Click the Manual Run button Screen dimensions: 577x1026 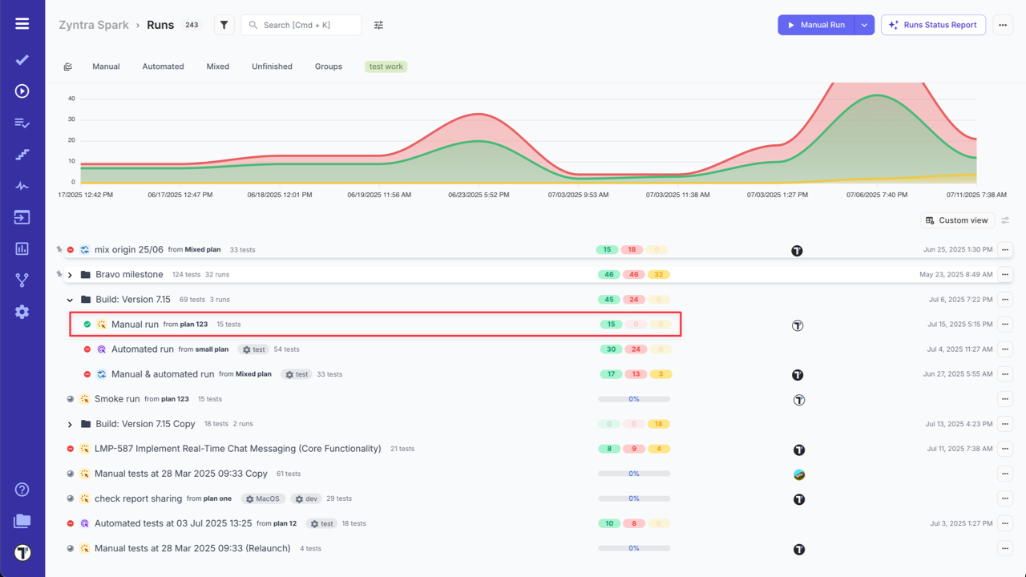pyautogui.click(x=816, y=25)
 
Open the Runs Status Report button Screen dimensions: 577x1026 pyautogui.click(x=933, y=25)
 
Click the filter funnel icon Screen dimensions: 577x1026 pyautogui.click(x=224, y=25)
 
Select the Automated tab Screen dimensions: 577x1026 pyautogui.click(x=163, y=67)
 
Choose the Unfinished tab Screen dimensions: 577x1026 pyautogui.click(x=272, y=67)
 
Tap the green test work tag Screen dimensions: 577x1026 pyautogui.click(x=386, y=67)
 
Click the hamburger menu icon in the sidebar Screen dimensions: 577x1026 pyautogui.click(x=22, y=23)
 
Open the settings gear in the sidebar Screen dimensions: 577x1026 pyautogui.click(x=22, y=312)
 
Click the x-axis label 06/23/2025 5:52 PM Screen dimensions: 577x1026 pyautogui.click(x=479, y=195)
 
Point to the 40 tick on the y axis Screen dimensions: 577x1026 pyautogui.click(x=71, y=99)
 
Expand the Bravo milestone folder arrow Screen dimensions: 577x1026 pyautogui.click(x=70, y=275)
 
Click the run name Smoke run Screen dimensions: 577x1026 pyautogui.click(x=117, y=399)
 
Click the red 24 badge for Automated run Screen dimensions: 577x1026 pyautogui.click(x=634, y=349)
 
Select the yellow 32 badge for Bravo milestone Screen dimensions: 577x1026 pyautogui.click(x=659, y=275)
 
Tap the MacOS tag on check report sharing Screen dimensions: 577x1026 pyautogui.click(x=262, y=498)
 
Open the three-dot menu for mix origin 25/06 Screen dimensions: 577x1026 pyautogui.click(x=1004, y=250)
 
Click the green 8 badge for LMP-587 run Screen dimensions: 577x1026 pyautogui.click(x=609, y=449)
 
